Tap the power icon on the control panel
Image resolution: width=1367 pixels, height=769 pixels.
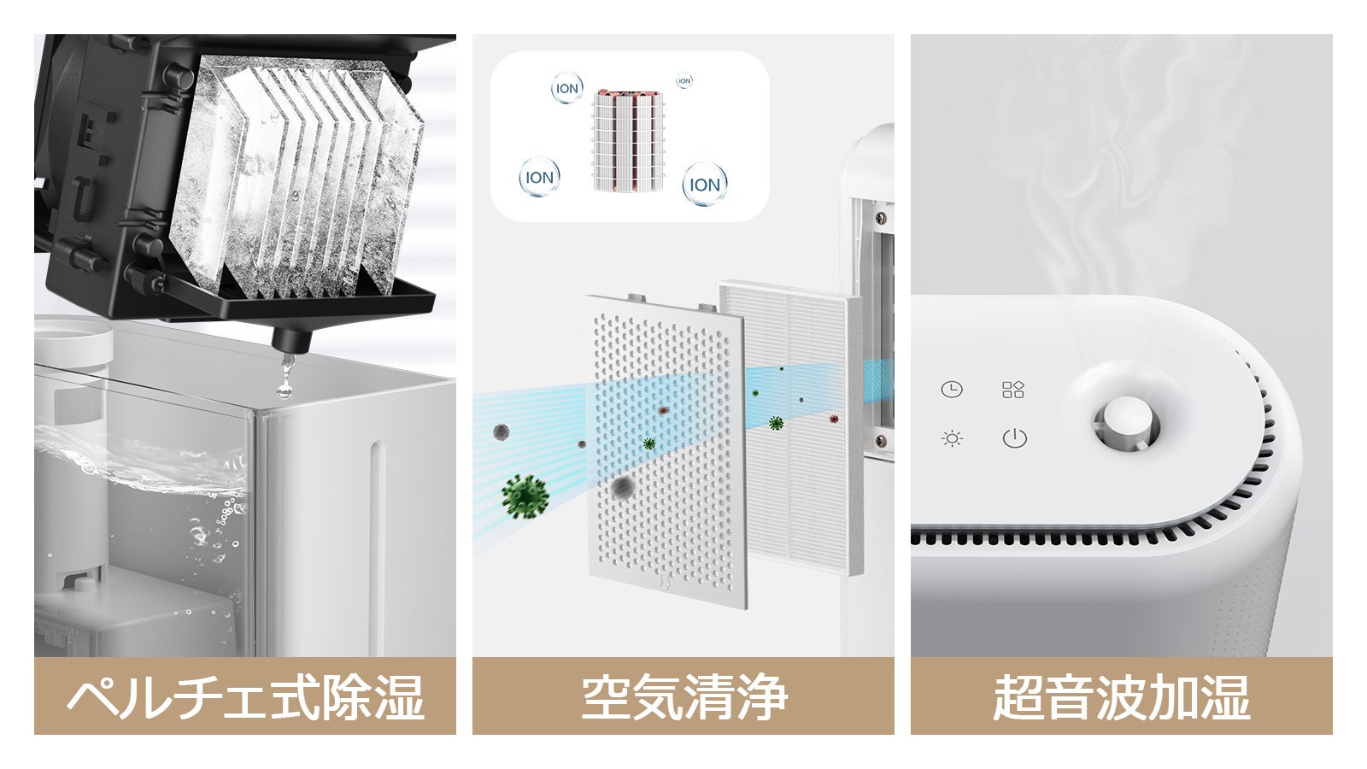tap(1014, 438)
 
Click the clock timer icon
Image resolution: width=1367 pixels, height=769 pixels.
tap(951, 390)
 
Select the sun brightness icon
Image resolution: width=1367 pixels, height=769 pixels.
tap(951, 439)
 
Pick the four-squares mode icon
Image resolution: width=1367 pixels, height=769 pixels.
tap(1013, 390)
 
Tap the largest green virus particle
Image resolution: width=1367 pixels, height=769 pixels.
tap(525, 496)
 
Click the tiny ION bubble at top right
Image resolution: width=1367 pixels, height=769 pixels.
tap(683, 81)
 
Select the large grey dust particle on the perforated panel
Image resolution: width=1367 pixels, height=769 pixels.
tap(623, 487)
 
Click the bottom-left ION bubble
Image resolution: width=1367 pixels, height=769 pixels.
tap(539, 178)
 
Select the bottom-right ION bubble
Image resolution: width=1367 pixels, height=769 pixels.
tap(704, 185)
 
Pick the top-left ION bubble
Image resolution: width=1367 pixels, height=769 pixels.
tap(566, 89)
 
